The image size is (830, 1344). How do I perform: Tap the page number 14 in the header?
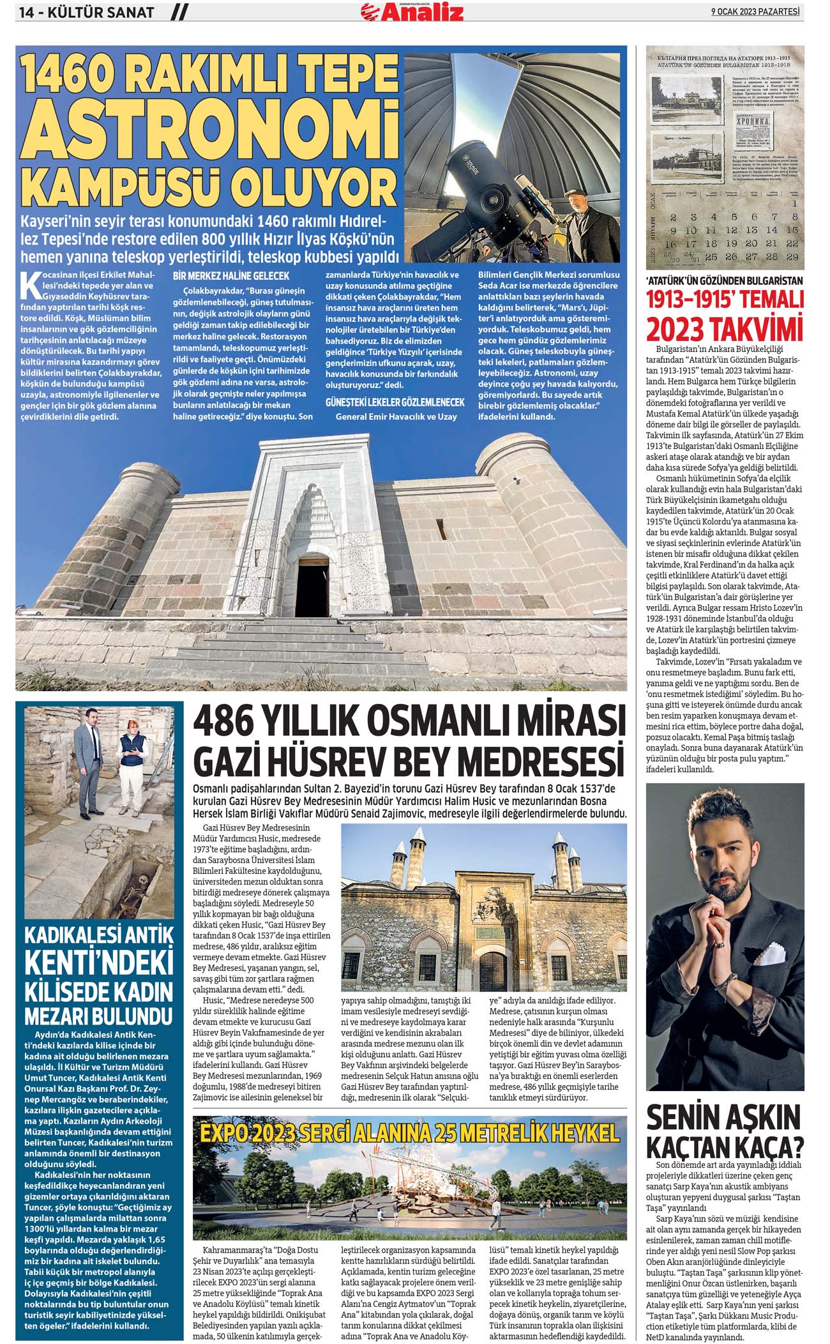pos(29,11)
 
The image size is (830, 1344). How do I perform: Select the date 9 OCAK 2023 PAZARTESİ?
pos(757,11)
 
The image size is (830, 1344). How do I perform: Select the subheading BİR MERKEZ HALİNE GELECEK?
pos(231,276)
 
